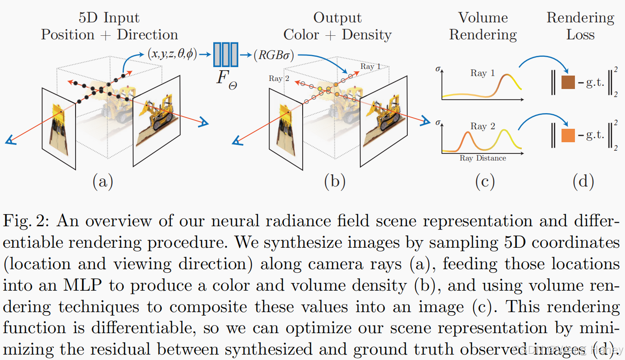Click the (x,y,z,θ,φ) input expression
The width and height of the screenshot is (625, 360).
point(172,55)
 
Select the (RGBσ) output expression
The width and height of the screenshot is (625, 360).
point(273,55)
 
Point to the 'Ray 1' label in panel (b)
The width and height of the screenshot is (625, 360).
point(371,67)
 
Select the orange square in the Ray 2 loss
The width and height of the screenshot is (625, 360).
point(568,135)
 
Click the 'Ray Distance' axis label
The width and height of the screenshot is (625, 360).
point(483,158)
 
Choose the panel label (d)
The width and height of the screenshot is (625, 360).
point(583,181)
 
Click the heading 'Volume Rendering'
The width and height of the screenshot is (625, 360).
point(483,26)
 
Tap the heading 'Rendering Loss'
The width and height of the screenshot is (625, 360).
point(580,26)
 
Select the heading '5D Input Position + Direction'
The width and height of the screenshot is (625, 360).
point(110,26)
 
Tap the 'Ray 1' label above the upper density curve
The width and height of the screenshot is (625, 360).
point(482,73)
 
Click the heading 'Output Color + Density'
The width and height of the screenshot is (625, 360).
point(338,26)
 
